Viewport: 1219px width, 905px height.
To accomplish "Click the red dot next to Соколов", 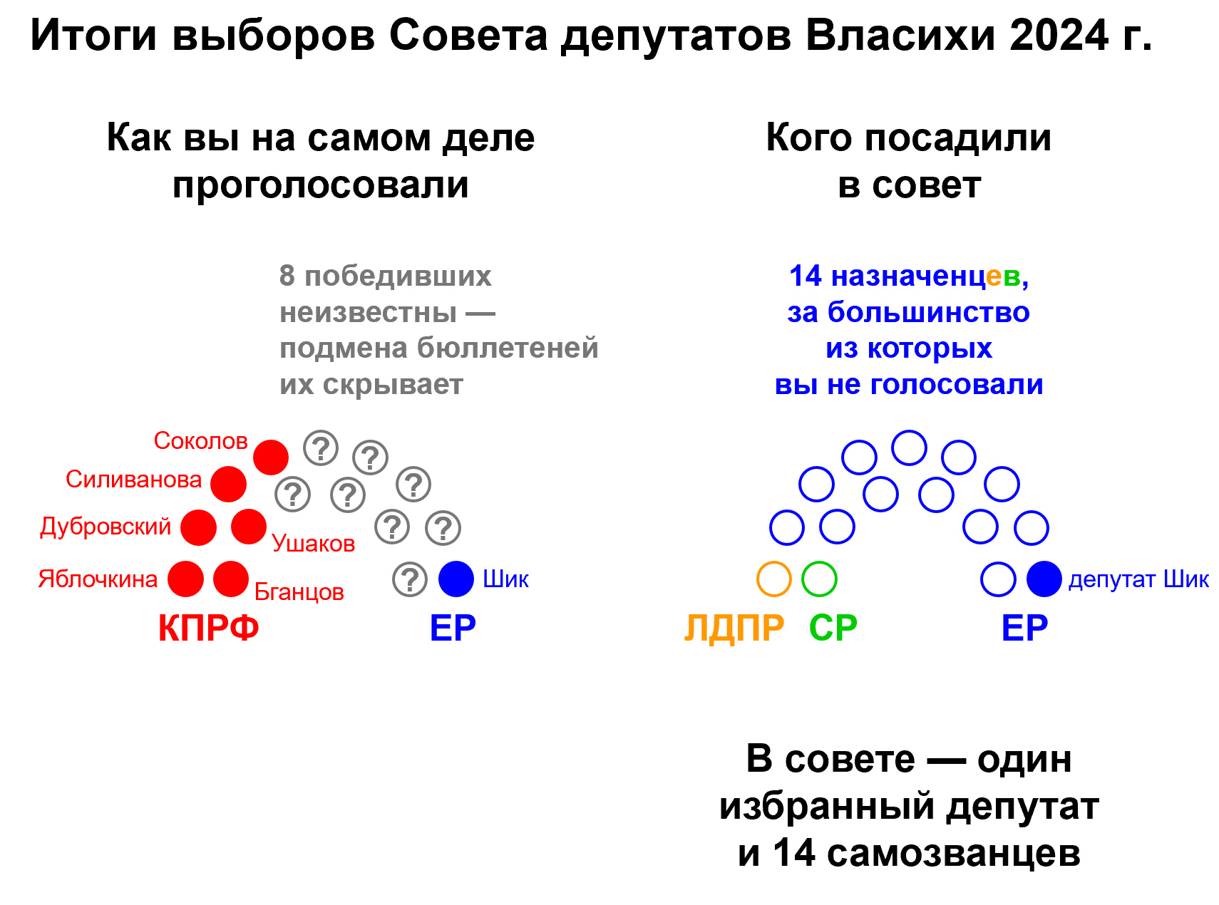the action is point(271,457).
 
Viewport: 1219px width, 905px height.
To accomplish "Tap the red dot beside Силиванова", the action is point(228,485).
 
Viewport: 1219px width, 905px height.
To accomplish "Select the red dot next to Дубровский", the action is point(198,528).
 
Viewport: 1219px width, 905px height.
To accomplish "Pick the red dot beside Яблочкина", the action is point(186,579).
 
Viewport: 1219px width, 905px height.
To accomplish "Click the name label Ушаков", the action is point(313,544).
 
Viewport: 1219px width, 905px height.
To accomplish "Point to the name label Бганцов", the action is point(299,592).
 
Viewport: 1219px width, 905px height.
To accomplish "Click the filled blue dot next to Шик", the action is point(456,579).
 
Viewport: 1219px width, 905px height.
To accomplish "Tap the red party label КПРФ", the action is point(208,629).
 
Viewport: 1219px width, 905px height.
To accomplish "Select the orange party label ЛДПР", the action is point(734,629).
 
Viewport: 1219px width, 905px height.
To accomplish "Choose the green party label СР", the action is point(833,629).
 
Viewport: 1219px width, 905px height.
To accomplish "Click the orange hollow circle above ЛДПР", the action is point(773,579).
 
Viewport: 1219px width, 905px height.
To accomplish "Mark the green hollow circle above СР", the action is point(819,579).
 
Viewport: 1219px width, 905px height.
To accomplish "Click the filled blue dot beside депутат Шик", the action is point(1044,579).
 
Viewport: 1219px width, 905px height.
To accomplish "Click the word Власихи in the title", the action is point(900,35).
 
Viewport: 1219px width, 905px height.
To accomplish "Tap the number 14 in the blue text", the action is point(806,276).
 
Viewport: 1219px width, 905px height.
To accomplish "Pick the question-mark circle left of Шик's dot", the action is point(410,579).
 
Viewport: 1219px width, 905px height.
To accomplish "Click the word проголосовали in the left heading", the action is point(321,185).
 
